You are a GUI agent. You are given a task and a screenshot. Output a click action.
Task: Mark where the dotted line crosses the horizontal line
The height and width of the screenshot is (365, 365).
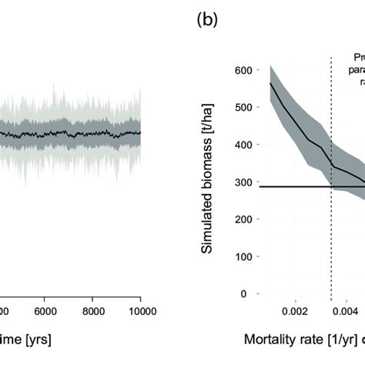[x=331, y=186]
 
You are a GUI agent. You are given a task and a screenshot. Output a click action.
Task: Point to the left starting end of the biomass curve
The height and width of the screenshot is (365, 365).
[x=270, y=82]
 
